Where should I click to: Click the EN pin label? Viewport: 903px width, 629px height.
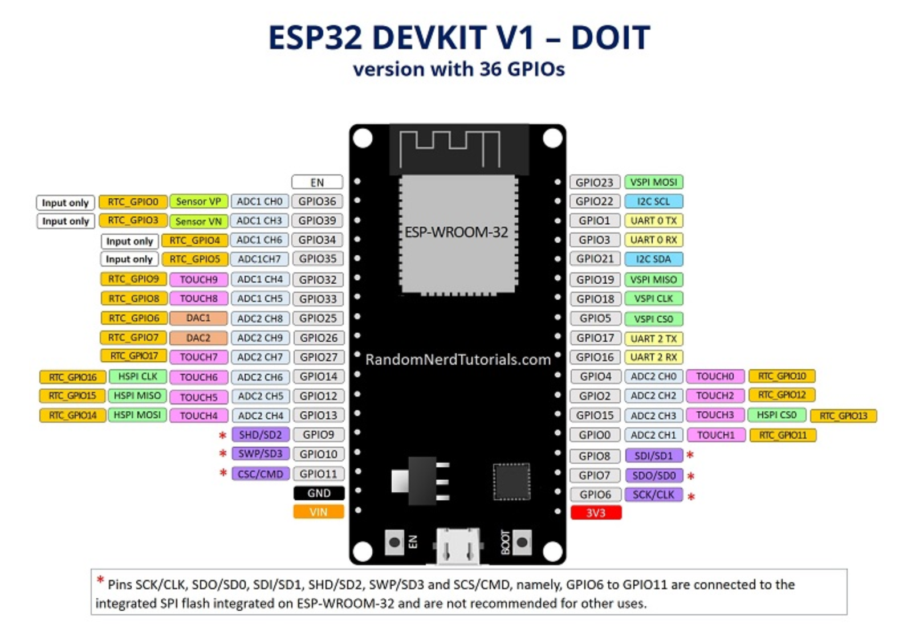[x=317, y=182]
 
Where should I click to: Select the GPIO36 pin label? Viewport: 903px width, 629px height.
[x=317, y=201]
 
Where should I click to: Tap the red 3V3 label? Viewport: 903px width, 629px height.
[x=596, y=513]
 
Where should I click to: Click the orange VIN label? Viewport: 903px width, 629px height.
[x=318, y=512]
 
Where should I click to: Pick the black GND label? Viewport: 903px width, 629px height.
[x=319, y=493]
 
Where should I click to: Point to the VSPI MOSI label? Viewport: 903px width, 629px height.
[x=653, y=182]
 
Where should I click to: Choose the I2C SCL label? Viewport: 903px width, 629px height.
[x=653, y=201]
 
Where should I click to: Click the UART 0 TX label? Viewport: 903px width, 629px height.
[x=653, y=220]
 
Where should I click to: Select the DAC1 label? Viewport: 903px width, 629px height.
[x=198, y=318]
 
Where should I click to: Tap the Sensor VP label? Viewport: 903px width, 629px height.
[x=198, y=201]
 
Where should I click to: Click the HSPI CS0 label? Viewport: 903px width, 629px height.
[x=776, y=415]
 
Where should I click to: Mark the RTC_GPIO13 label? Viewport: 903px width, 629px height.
[x=843, y=416]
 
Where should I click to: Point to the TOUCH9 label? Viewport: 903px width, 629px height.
[x=198, y=279]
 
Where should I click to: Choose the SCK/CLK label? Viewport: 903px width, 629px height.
[x=653, y=495]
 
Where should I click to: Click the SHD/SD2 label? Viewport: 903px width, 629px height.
[x=260, y=435]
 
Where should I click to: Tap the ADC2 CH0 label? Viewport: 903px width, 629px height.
[x=653, y=376]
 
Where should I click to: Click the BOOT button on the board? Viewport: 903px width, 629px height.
[x=522, y=542]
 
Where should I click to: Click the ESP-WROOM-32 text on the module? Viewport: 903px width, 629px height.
[x=456, y=232]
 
